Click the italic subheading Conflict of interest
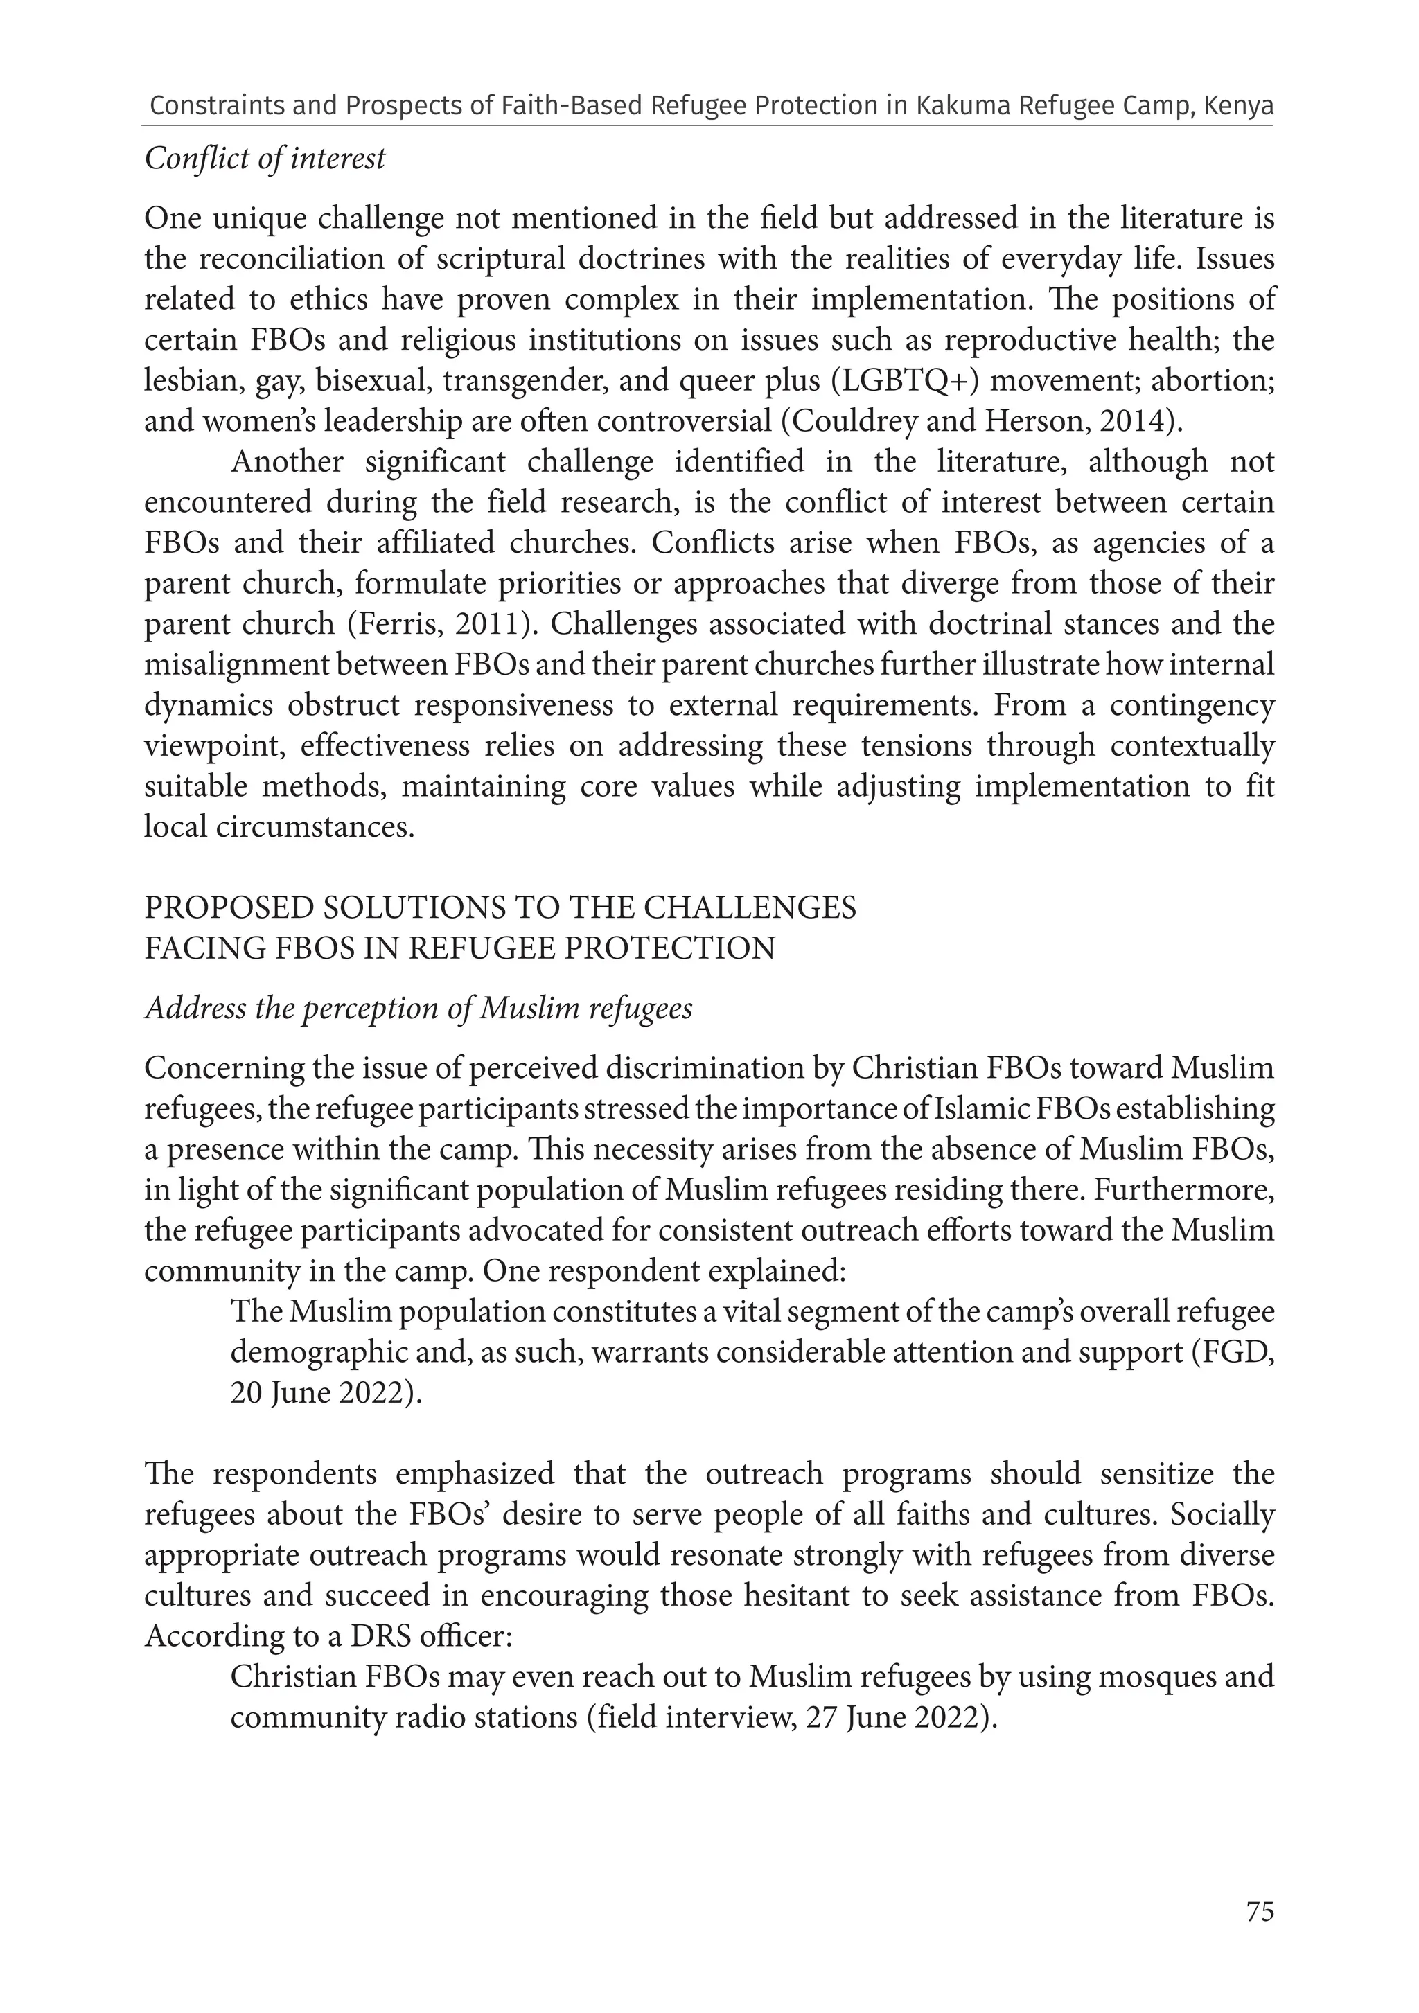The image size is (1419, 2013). [265, 159]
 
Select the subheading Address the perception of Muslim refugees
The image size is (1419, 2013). [418, 1009]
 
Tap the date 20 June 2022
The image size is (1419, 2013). [317, 1393]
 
